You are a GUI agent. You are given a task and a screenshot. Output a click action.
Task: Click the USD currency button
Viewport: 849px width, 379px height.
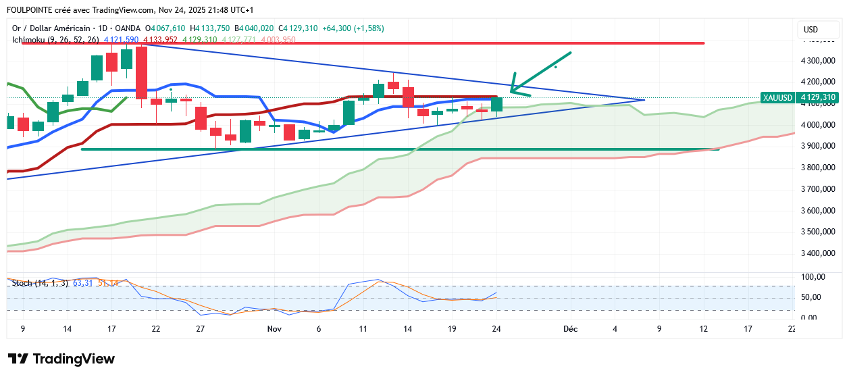(810, 29)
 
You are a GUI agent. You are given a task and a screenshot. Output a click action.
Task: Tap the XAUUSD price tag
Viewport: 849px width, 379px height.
(777, 97)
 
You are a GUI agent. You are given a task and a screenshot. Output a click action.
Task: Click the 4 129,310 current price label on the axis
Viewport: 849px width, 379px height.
(819, 97)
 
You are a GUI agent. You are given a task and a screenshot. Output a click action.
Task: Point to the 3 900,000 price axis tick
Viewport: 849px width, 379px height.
(818, 146)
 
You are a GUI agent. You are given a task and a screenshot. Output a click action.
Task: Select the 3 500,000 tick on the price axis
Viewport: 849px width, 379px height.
(818, 232)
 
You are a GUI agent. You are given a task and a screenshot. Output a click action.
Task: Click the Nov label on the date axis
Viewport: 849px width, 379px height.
(274, 329)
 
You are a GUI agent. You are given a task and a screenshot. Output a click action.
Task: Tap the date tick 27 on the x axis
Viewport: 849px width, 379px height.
(200, 329)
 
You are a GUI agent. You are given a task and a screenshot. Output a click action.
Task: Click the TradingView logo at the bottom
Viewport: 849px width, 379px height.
(61, 359)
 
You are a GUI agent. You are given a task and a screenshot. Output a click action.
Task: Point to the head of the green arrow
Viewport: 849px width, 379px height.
(512, 90)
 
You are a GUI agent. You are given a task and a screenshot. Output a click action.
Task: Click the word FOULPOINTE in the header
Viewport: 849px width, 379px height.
(30, 10)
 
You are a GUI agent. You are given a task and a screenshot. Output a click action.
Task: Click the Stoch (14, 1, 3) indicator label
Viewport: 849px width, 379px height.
(40, 282)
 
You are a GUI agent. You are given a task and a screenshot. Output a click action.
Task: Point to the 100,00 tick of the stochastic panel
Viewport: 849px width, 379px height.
(813, 277)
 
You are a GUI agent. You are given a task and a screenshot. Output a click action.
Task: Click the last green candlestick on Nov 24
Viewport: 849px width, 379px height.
(497, 105)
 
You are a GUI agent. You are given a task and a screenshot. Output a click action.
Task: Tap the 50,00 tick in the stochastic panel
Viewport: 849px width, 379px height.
(813, 297)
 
